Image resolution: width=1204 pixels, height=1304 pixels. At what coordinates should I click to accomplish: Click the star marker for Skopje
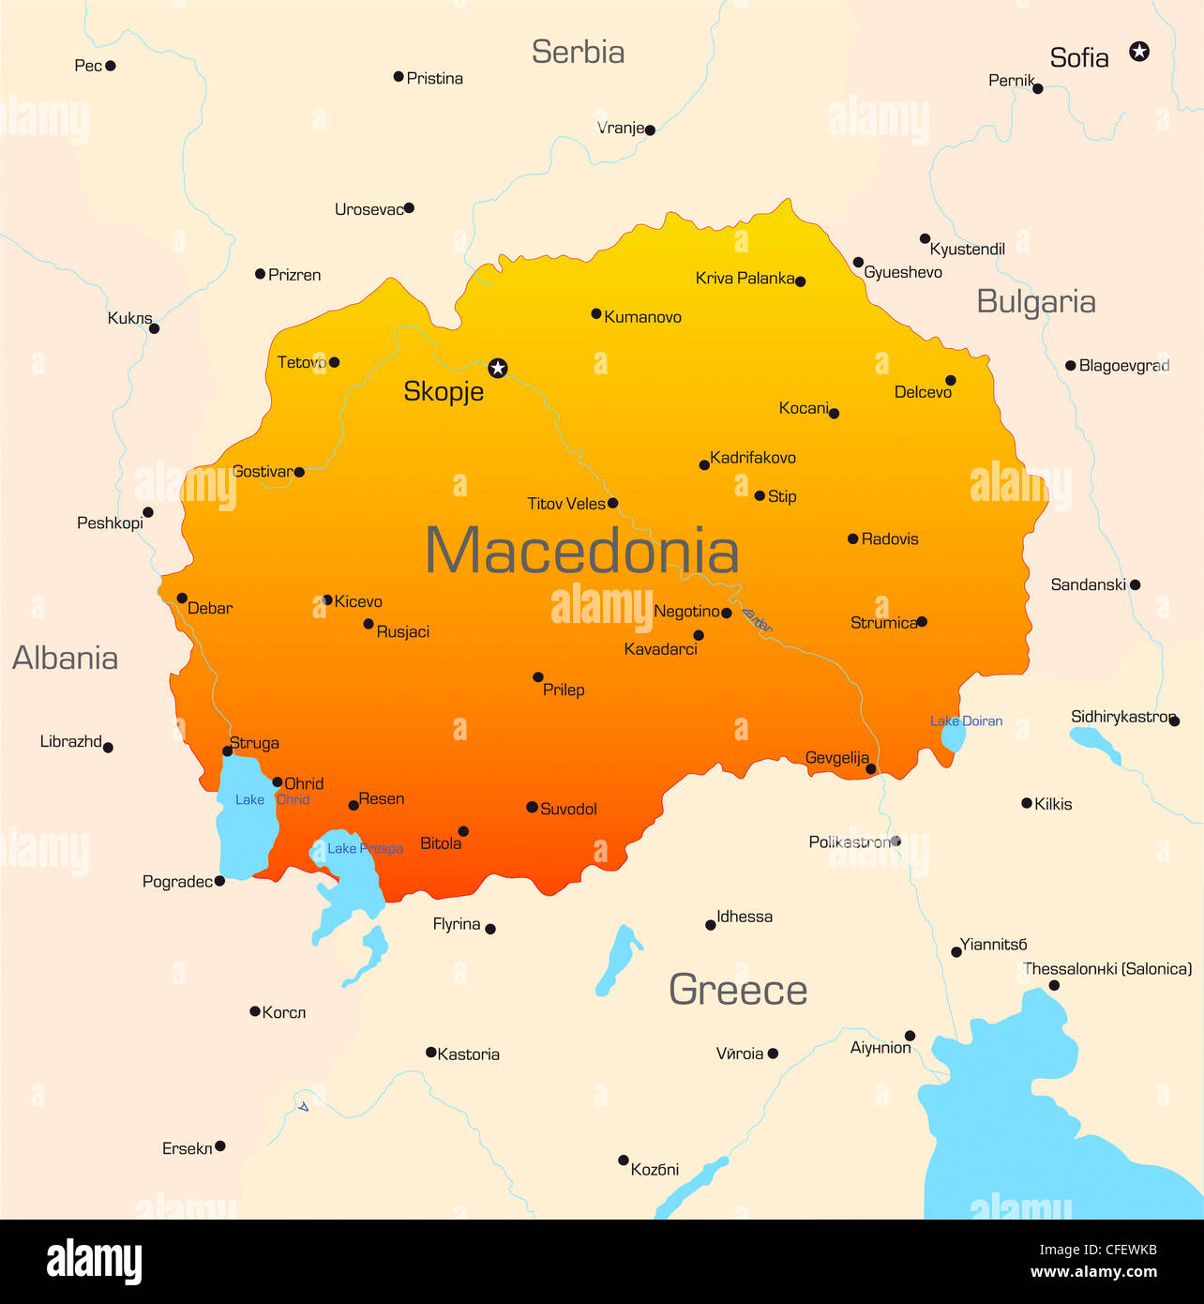498,368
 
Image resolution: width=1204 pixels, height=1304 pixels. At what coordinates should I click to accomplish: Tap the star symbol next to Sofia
1139,51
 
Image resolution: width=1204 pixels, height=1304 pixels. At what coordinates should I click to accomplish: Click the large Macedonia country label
581,551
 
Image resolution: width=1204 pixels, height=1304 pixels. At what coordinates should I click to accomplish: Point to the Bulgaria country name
1035,301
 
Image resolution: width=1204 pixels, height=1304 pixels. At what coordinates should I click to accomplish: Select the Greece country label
738,990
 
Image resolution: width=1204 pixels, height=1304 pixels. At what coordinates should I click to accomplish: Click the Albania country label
65,658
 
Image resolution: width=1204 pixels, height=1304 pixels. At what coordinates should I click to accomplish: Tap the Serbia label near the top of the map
578,52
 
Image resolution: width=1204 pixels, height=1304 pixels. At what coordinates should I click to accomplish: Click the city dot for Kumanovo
596,313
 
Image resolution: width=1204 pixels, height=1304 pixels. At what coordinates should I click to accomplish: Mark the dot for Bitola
463,831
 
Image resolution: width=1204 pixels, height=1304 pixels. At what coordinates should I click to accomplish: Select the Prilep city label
564,690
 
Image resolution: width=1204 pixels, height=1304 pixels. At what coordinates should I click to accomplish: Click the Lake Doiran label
966,720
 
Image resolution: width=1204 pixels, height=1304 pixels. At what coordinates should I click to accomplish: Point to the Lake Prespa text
365,848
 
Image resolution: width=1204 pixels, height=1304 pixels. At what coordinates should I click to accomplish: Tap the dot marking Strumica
922,621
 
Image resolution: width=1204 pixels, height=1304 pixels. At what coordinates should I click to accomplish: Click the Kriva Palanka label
745,278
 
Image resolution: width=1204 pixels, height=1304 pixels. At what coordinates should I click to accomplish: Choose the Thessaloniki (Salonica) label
1107,968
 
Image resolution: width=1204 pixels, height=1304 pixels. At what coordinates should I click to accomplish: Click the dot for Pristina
399,77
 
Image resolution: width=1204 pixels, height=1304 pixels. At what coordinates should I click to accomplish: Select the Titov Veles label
566,504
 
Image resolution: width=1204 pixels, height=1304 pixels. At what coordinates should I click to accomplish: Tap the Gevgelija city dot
871,769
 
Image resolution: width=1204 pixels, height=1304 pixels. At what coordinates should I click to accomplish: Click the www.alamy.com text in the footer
1093,1272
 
